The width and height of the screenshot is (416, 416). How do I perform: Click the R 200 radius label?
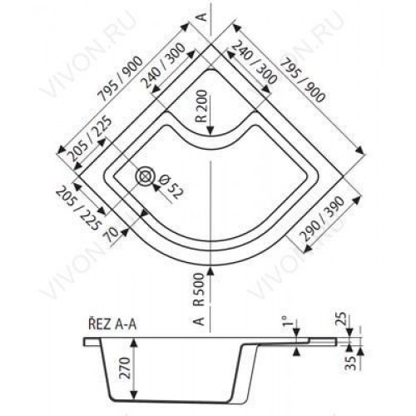[203, 106]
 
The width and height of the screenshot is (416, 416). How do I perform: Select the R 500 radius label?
[199, 290]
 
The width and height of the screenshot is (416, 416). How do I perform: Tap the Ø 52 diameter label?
[171, 187]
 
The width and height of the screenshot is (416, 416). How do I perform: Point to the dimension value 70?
[112, 236]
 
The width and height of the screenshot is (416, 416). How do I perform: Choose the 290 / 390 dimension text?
[323, 219]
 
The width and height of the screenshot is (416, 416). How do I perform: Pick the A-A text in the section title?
[125, 324]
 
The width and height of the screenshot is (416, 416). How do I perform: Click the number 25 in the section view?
[343, 319]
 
